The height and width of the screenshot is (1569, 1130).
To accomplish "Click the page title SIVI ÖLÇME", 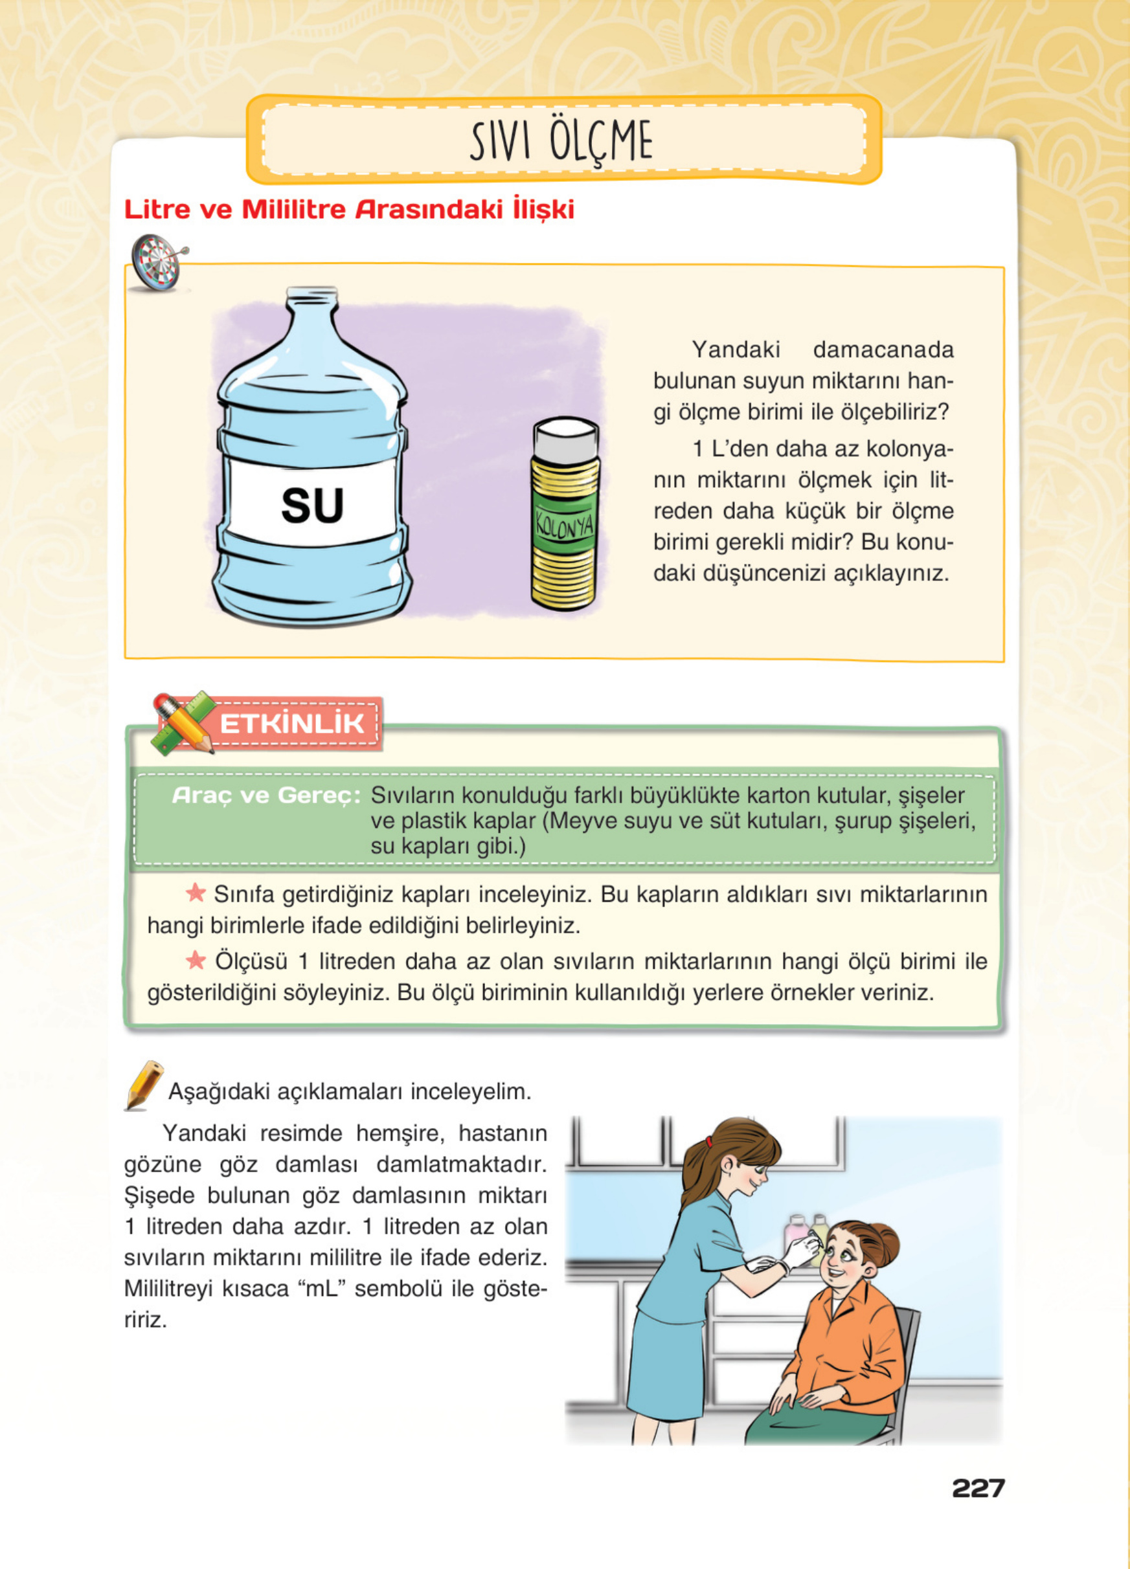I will (x=561, y=141).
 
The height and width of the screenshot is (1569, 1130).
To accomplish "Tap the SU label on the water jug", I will (x=312, y=505).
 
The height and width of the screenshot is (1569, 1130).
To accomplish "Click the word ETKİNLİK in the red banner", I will (x=291, y=724).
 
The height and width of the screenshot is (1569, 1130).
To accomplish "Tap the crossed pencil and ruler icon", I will (x=182, y=722).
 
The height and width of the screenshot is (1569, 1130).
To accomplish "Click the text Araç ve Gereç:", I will (x=266, y=796).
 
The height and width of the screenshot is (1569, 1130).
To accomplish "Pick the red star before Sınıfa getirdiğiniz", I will (x=196, y=893).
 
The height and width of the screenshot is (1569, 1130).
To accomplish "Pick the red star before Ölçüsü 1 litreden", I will (x=196, y=959).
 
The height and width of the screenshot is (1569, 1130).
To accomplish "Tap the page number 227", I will (x=977, y=1488).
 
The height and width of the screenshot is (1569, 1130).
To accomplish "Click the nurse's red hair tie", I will (x=708, y=1141).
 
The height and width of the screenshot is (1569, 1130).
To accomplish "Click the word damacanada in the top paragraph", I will (x=883, y=350).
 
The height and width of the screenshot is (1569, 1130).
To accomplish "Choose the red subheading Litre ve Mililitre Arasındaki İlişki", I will (x=349, y=210).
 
